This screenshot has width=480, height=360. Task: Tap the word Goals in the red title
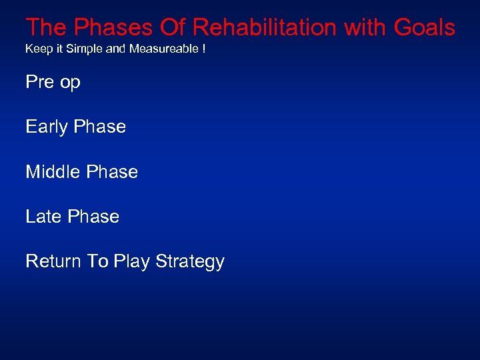tap(424, 27)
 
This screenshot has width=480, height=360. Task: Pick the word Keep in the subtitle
tap(36, 49)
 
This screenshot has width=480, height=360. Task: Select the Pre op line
tap(53, 83)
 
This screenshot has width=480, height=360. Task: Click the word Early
tap(46, 127)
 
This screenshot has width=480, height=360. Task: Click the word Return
tap(53, 261)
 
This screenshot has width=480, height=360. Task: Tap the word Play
tap(131, 262)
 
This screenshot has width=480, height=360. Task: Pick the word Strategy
tap(190, 262)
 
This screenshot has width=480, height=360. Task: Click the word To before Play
tap(97, 261)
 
